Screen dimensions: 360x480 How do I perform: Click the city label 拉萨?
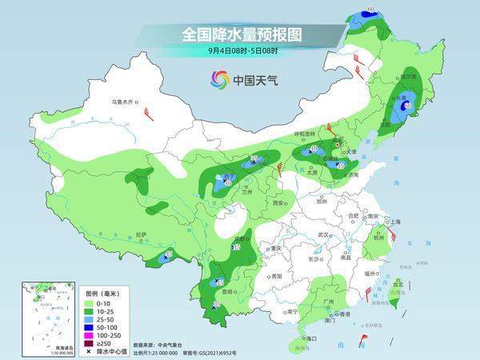coord(142,234)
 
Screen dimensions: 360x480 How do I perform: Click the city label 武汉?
coord(323,234)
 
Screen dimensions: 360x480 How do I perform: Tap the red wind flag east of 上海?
coord(391,234)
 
